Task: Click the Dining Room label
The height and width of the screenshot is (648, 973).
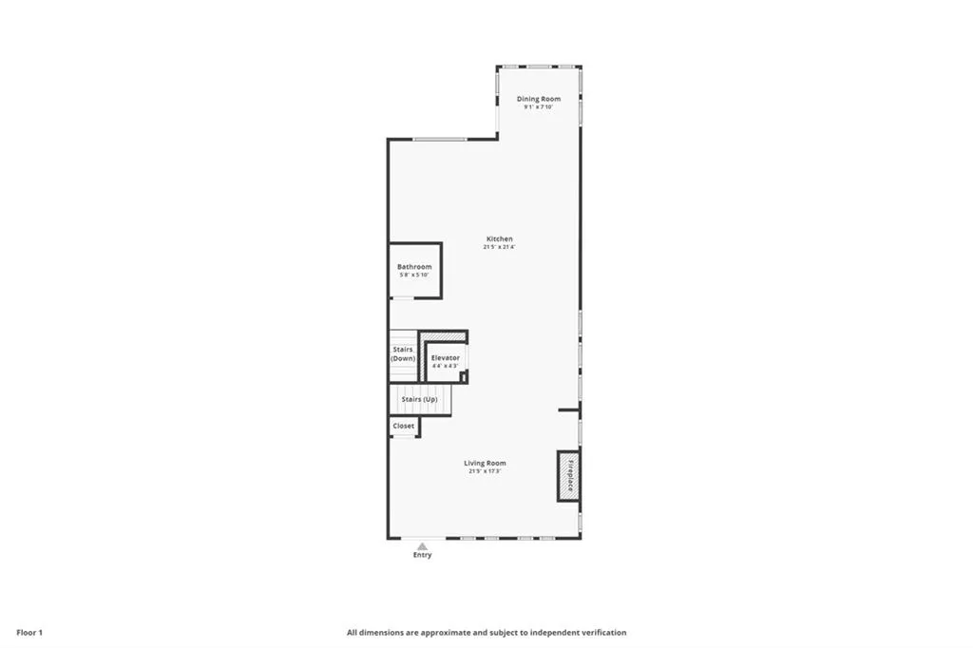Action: (539, 99)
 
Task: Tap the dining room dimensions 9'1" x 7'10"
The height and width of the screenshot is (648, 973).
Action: (539, 107)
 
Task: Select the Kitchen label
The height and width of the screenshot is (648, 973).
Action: (500, 238)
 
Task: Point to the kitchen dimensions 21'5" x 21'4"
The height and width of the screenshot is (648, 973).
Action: (500, 247)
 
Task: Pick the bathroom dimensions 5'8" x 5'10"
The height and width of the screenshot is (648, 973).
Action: (414, 276)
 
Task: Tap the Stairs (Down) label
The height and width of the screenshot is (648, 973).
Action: (403, 354)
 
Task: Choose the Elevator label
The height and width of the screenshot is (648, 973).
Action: (445, 358)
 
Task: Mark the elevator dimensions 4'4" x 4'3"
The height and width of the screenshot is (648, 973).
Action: (445, 366)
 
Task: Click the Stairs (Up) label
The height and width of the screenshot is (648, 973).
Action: (419, 399)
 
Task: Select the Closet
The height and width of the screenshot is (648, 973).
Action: (404, 427)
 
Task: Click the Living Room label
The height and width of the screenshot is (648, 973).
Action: (485, 463)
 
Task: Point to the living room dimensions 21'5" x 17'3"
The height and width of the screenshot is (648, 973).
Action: (485, 471)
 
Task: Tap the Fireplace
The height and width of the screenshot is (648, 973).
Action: (570, 475)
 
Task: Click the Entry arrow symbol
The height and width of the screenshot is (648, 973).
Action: (422, 545)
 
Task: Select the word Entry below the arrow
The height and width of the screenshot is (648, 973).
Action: (422, 555)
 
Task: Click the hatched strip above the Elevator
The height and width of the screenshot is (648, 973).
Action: (445, 335)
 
